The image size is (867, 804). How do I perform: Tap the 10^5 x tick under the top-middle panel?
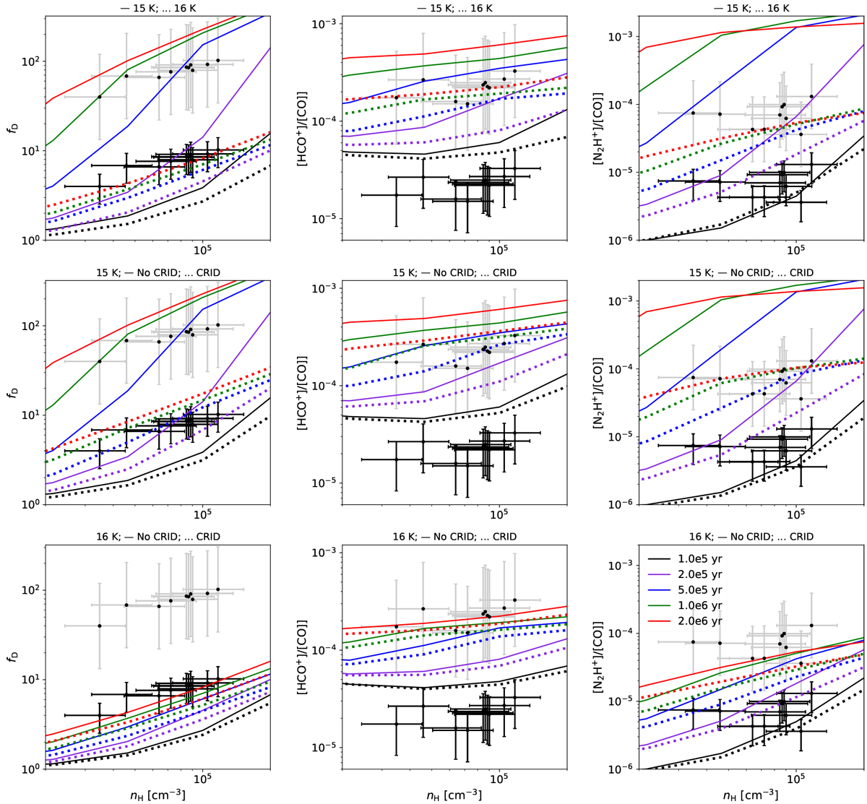pos(499,251)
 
